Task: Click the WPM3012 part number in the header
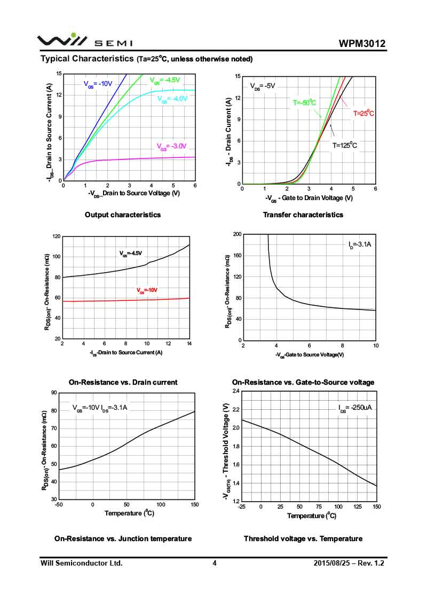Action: pyautogui.click(x=361, y=44)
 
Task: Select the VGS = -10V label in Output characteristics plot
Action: pyautogui.click(x=98, y=84)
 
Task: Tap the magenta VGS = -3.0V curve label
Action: pyautogui.click(x=172, y=147)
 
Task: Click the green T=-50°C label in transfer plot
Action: pyautogui.click(x=304, y=102)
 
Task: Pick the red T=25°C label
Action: pyautogui.click(x=363, y=114)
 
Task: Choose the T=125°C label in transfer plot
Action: pyautogui.click(x=345, y=145)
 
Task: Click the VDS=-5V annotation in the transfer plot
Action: pyautogui.click(x=263, y=86)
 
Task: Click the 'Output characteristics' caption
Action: pyautogui.click(x=123, y=214)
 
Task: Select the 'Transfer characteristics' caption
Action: pyautogui.click(x=303, y=214)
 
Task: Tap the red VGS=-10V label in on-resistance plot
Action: pyautogui.click(x=147, y=291)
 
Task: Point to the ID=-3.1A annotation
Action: pyautogui.click(x=360, y=245)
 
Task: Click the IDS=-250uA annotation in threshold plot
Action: pyautogui.click(x=355, y=408)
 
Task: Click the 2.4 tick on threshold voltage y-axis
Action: pyautogui.click(x=235, y=391)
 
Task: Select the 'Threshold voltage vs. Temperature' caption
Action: pyautogui.click(x=303, y=539)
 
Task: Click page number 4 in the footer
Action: pyautogui.click(x=215, y=563)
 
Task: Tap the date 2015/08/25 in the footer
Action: pyautogui.click(x=331, y=563)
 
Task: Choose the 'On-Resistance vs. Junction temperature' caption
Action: pyautogui.click(x=123, y=539)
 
